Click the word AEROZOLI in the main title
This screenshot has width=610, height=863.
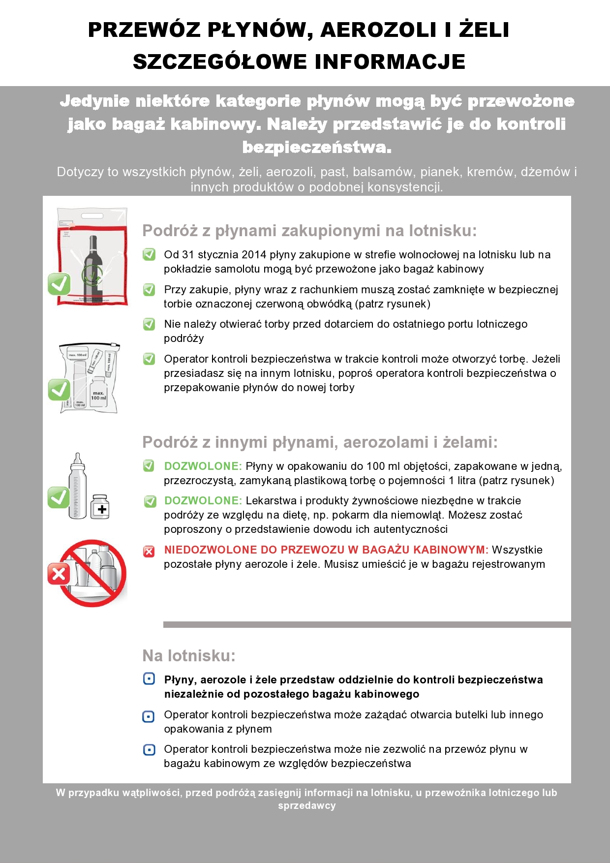378,30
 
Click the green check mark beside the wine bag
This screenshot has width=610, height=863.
59,284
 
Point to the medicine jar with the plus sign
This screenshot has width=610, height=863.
100,507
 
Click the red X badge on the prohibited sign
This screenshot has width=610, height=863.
59,573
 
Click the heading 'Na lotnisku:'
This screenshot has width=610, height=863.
189,655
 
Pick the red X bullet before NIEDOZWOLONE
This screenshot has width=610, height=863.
149,551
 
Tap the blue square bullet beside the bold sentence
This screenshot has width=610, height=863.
149,679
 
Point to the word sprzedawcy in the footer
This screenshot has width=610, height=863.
306,805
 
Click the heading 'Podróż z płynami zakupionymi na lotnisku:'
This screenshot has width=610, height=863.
309,230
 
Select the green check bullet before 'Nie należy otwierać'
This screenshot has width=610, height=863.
149,324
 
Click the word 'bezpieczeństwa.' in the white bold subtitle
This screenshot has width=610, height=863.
317,147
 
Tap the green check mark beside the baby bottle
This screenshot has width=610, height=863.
59,497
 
